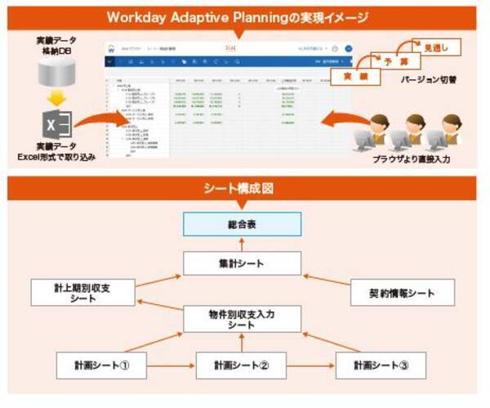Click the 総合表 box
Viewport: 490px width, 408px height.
242,223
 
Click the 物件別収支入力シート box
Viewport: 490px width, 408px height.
242,319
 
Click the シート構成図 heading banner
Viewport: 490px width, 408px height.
245,187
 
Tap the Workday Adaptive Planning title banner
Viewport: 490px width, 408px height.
245,16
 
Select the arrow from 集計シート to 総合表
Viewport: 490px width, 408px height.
242,243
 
